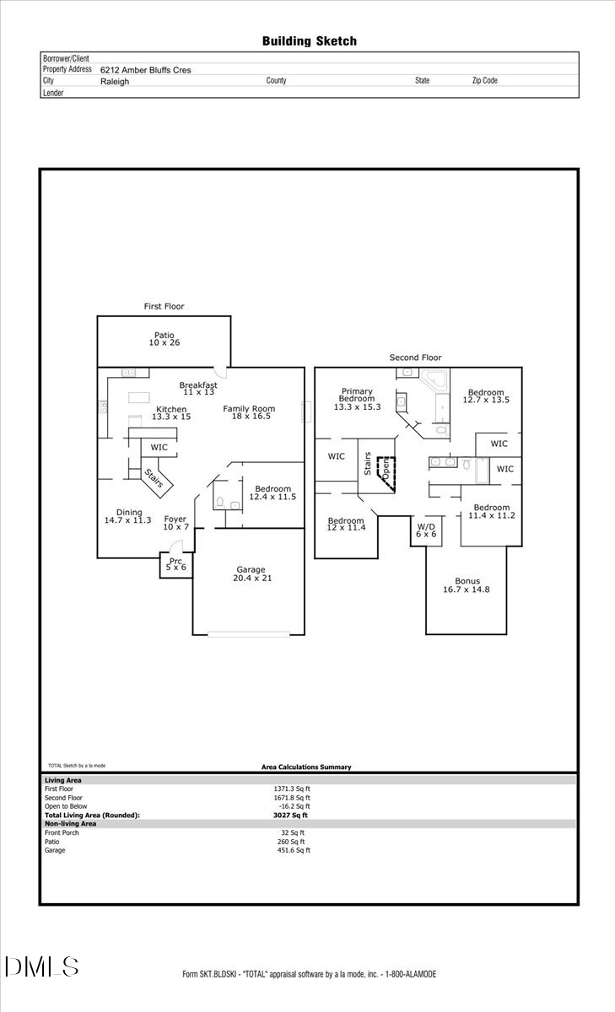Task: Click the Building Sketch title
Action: click(309, 40)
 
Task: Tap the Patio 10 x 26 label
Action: click(165, 339)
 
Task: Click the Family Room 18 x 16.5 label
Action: click(249, 413)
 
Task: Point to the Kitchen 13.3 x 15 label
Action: click(171, 412)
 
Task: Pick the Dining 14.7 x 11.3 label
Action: click(127, 517)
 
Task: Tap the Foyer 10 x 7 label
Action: click(175, 523)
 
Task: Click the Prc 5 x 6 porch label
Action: click(176, 564)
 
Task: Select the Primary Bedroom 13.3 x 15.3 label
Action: click(357, 399)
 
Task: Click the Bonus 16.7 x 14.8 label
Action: click(467, 586)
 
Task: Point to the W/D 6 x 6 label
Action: click(425, 530)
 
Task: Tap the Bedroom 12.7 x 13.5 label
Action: click(486, 396)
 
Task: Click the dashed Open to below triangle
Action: click(386, 470)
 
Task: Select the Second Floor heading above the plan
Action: click(415, 358)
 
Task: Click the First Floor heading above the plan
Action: click(164, 306)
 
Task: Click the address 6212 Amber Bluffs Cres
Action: click(145, 70)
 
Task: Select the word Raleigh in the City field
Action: click(115, 82)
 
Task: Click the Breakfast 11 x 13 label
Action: click(198, 389)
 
